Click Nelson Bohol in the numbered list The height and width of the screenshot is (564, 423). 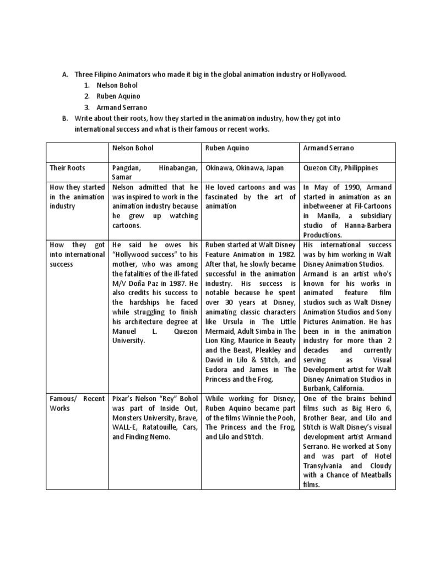[x=117, y=85]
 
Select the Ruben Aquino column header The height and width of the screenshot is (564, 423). [x=225, y=149]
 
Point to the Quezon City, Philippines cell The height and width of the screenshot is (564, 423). [x=340, y=167]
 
